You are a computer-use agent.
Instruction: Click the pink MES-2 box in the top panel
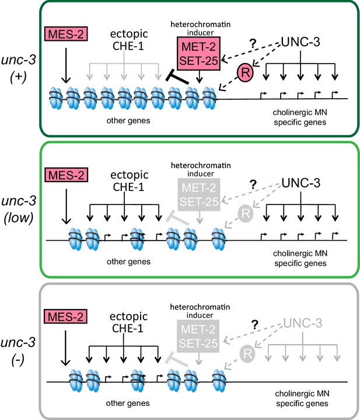[66, 34]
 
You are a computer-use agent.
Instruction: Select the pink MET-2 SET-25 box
[198, 54]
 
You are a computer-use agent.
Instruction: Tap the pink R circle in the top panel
[244, 72]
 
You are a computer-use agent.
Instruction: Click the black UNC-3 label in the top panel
[300, 42]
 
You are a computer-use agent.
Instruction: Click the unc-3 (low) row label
[19, 209]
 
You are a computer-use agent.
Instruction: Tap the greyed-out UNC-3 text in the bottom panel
[302, 323]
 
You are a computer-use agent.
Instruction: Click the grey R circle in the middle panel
[246, 213]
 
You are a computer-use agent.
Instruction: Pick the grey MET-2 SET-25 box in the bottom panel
[198, 336]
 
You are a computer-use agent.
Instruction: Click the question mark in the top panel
[253, 43]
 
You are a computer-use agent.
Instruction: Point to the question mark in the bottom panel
[255, 325]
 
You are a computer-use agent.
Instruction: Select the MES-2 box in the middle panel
[67, 175]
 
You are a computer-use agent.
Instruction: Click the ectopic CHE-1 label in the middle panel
[129, 181]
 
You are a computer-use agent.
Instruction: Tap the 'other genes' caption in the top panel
[128, 120]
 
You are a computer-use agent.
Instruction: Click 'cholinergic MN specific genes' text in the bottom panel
[302, 398]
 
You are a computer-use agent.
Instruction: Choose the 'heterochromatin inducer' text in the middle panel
[201, 169]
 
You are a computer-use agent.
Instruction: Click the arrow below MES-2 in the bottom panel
[65, 348]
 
